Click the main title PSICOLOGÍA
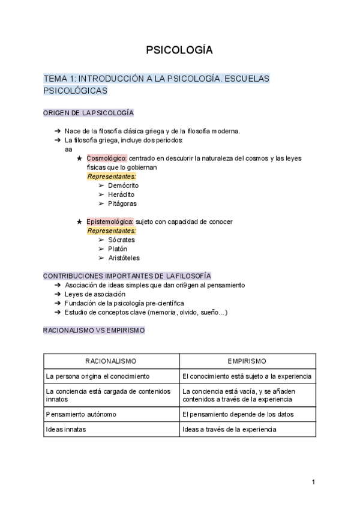[179, 50]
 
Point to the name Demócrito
[123, 185]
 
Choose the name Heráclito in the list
[121, 194]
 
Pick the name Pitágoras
[122, 203]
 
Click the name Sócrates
[121, 239]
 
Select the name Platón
[118, 248]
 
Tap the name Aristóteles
[124, 258]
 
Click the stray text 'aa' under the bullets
[68, 149]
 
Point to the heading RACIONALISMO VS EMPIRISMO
[94, 331]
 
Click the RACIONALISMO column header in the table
[111, 361]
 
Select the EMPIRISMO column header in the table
[247, 361]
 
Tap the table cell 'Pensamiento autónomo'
[81, 414]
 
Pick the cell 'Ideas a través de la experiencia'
[229, 429]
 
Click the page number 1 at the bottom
[313, 482]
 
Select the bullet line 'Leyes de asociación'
[95, 294]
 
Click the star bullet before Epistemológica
[79, 221]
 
